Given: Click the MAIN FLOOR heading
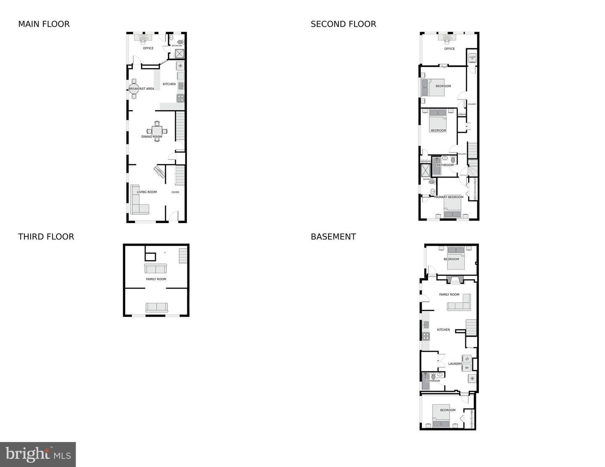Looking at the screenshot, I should point(44,24).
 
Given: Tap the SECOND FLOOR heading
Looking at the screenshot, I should point(343,24).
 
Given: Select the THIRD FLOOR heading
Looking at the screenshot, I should point(46,237).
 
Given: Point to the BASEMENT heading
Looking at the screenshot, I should point(333,237).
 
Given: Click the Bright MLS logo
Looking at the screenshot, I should point(38,454).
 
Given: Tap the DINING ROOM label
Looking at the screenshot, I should point(152,136).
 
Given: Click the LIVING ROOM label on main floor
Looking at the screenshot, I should point(147,192).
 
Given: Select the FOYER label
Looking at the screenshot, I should point(175,192).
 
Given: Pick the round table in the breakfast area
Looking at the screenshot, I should point(134,88).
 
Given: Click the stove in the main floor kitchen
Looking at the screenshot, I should point(180,98).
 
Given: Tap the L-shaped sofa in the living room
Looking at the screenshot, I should point(139,202).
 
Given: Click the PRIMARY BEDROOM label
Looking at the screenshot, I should point(449,197).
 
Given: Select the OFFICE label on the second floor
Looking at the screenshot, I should point(450,49).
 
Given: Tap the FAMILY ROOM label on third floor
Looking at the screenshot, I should point(156,279).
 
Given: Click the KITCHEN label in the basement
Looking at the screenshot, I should point(443,330).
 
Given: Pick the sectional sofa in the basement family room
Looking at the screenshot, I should point(460,304).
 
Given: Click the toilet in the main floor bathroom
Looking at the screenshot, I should point(181,42).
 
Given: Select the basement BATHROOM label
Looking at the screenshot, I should point(433,381).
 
